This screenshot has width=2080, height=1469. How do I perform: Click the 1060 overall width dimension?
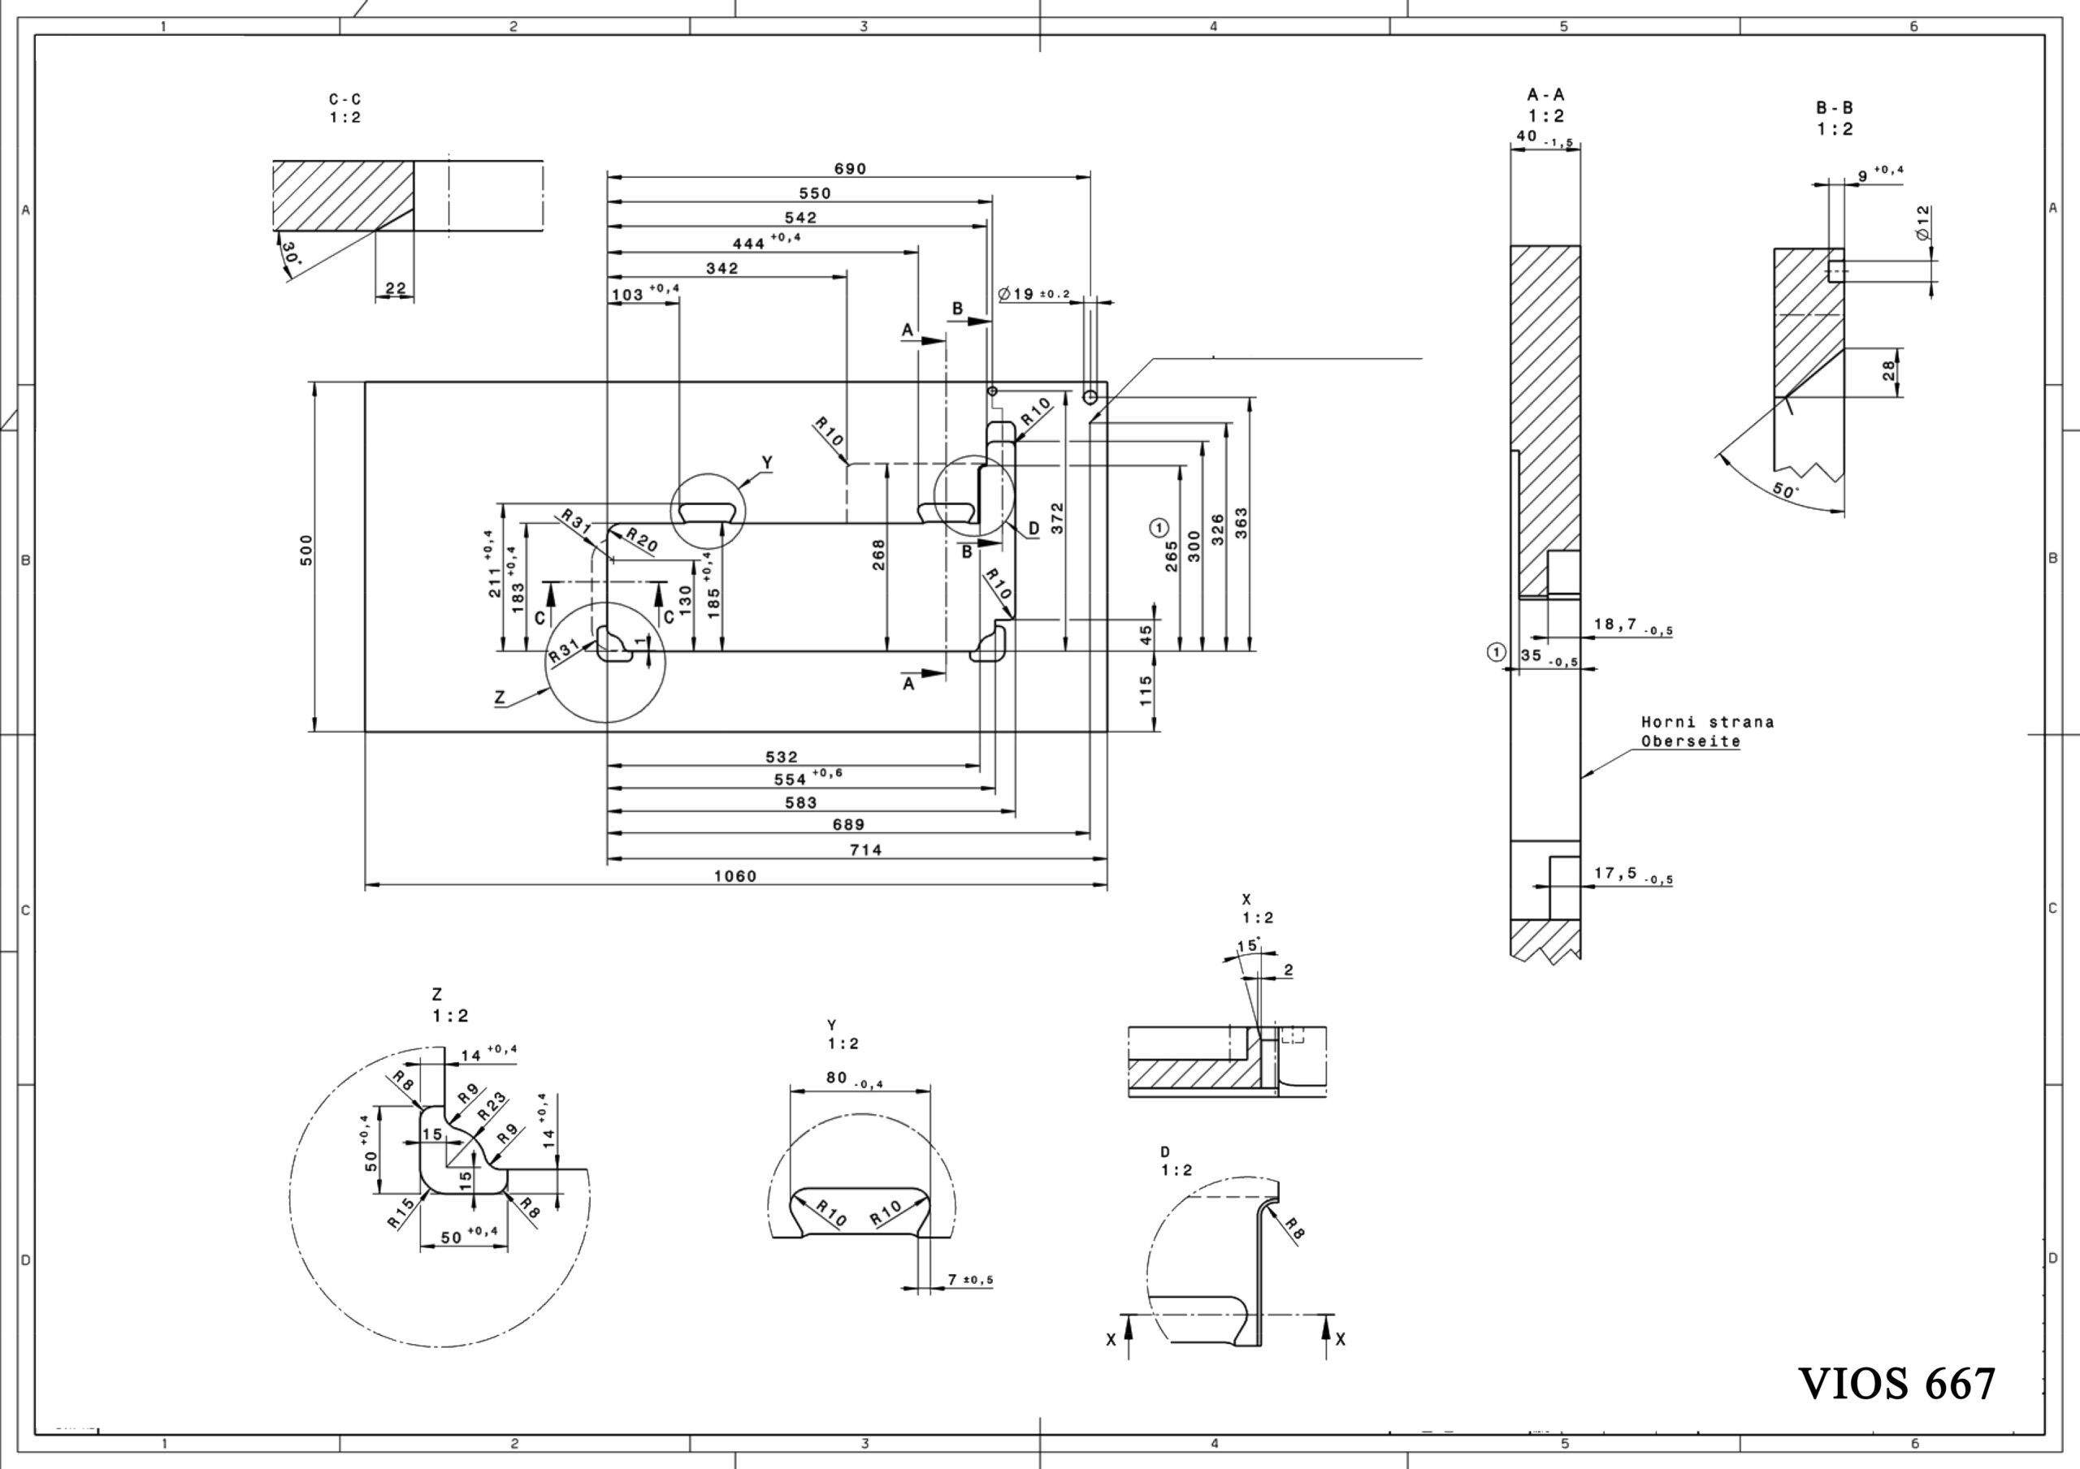[734, 875]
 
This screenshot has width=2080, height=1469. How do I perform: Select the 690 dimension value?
[850, 168]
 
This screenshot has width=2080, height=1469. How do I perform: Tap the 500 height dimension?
[306, 550]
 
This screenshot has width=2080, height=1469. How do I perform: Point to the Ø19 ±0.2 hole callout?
[1033, 293]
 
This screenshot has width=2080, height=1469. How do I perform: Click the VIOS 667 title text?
[1896, 1383]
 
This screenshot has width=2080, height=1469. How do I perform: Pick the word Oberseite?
[1692, 741]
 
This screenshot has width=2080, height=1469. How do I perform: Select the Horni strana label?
[1708, 722]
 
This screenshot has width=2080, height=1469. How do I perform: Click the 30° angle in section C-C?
[290, 253]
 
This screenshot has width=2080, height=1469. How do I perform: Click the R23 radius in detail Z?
[491, 1108]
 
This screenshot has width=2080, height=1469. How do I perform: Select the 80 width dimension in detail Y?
[836, 1078]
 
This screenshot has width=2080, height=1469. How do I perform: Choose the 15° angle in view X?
[1248, 945]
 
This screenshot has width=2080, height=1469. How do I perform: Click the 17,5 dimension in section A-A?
[1614, 872]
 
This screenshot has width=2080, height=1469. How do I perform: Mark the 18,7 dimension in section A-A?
[1614, 625]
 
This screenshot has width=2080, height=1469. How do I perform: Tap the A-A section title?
[1545, 94]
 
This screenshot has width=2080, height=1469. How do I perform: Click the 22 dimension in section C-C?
[396, 288]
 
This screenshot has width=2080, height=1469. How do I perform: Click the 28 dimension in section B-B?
[1889, 370]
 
